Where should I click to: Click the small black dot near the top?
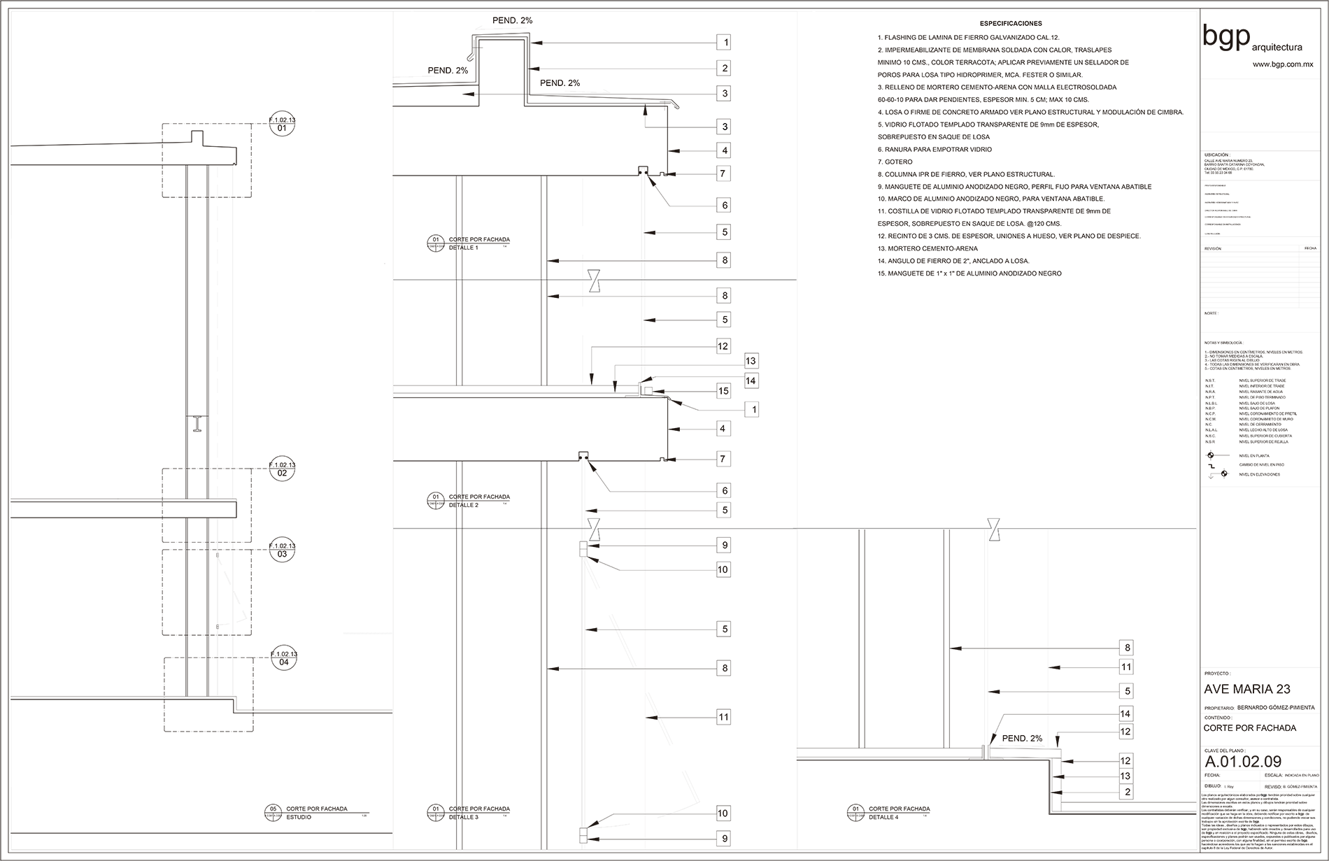(725, 127)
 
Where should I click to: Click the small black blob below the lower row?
(596, 537)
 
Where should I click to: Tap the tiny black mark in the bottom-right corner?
(1264, 795)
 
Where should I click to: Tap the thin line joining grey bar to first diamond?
(378, 280)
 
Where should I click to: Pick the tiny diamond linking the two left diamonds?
(460, 280)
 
